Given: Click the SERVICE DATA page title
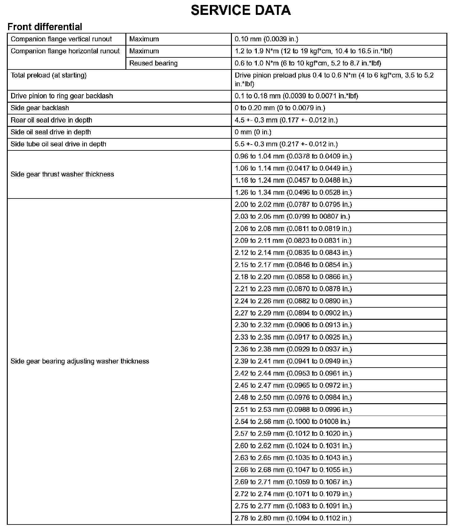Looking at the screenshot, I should click(x=241, y=10).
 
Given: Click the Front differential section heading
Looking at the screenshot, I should click(x=45, y=27).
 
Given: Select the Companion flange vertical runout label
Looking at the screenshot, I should click(x=61, y=39).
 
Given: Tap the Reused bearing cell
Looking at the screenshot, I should click(x=153, y=63).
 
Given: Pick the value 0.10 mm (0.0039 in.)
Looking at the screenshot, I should click(x=266, y=39).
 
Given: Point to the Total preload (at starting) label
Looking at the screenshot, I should click(x=48, y=75).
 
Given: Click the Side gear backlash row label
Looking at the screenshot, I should click(x=40, y=108).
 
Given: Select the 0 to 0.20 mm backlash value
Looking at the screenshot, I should click(x=280, y=108).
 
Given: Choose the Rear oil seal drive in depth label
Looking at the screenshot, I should click(x=51, y=120).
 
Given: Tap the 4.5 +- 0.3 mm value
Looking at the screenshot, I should click(x=286, y=120).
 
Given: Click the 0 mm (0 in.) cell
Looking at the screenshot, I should click(x=253, y=132).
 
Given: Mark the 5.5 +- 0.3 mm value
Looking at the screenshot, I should click(x=286, y=144).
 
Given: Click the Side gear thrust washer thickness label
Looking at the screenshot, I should click(x=62, y=174).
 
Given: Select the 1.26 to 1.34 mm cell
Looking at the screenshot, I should click(x=293, y=193).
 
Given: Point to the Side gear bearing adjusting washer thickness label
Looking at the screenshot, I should click(x=80, y=361).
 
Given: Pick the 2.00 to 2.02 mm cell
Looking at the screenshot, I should click(x=293, y=205).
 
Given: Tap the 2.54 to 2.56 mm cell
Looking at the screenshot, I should click(x=292, y=422).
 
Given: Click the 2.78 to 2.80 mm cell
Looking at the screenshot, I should click(x=293, y=518).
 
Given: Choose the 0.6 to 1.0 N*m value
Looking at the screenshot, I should click(x=308, y=63).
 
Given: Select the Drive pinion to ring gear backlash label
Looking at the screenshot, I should click(x=62, y=96).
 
